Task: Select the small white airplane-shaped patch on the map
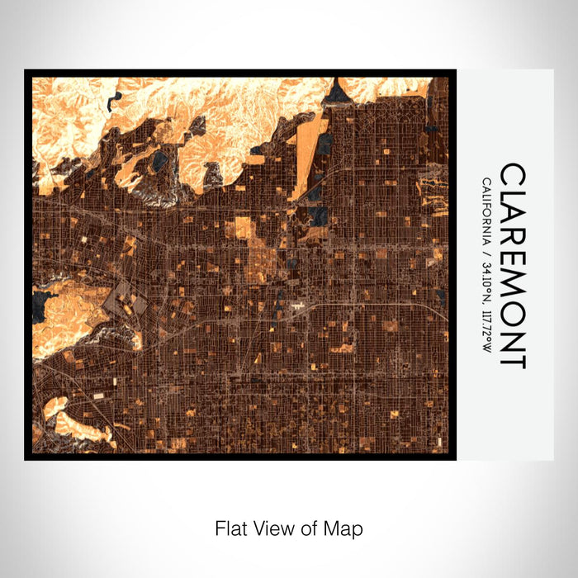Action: click(296, 307)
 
